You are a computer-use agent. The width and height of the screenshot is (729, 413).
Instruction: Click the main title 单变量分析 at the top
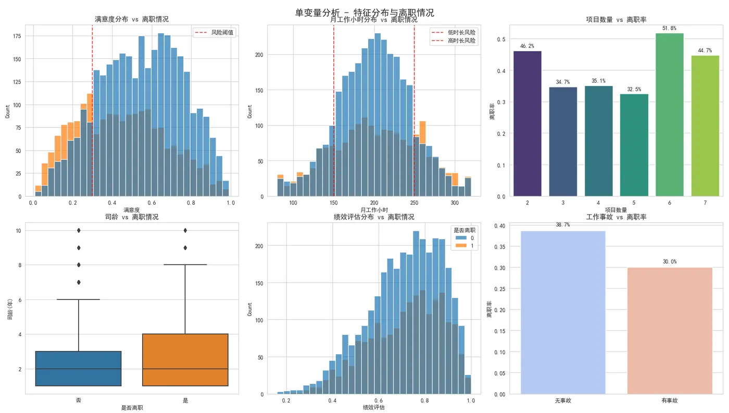click(364, 12)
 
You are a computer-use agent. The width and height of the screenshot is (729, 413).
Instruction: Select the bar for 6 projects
click(669, 115)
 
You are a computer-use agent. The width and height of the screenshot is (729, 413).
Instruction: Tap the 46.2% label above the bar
click(527, 46)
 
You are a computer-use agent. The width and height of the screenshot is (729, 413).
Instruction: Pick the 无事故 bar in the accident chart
click(563, 312)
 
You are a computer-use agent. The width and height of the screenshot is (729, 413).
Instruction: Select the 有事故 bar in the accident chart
click(670, 331)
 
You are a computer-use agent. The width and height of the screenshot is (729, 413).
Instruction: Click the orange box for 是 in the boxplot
click(185, 360)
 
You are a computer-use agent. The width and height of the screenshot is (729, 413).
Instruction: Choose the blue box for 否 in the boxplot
click(78, 368)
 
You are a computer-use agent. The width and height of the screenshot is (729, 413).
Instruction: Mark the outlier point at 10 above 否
click(78, 230)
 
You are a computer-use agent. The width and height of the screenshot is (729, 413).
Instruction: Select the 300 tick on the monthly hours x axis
click(455, 203)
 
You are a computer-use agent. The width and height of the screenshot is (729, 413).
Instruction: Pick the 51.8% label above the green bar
click(669, 28)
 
